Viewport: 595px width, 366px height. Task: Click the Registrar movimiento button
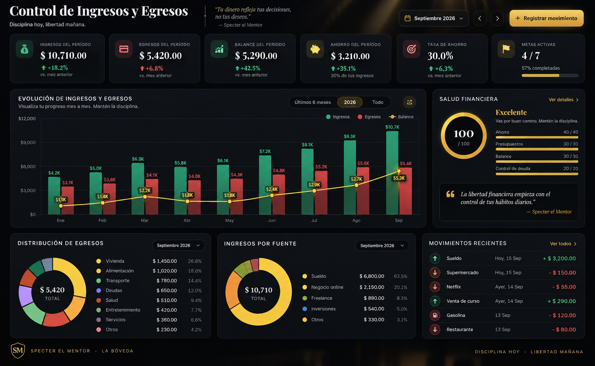point(546,18)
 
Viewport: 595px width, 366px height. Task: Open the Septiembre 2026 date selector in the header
point(434,18)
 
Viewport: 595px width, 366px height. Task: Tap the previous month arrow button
point(480,18)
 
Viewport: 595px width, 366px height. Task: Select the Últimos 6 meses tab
point(313,102)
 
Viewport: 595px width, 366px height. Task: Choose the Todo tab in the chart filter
point(377,102)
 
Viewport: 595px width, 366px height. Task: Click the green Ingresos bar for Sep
point(392,173)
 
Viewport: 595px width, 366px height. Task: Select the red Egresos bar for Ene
point(68,200)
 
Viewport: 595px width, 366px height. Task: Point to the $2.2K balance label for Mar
point(145,190)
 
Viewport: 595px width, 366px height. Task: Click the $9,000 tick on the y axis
point(28,142)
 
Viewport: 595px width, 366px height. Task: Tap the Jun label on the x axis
point(272,220)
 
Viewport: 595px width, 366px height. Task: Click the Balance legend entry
point(401,116)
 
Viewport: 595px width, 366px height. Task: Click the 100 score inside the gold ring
point(464,134)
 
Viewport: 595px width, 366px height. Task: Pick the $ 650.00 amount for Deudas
point(167,290)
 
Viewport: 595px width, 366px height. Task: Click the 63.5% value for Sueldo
point(400,276)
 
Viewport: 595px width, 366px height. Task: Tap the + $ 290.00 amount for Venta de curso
point(562,301)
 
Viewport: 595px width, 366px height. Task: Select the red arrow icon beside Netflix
point(435,287)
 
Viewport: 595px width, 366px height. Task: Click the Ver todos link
point(563,244)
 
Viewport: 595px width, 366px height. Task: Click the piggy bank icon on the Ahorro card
point(315,49)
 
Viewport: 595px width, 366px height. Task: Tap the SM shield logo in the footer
point(18,350)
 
